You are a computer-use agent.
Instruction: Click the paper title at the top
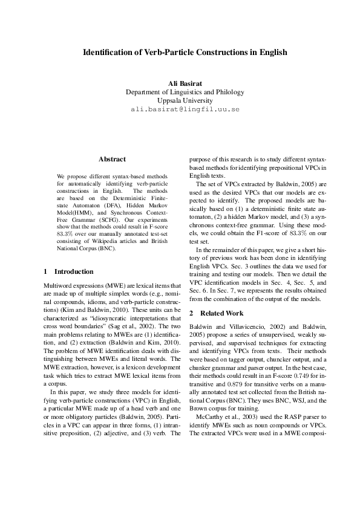[185, 53]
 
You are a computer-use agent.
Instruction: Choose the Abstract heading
[112, 160]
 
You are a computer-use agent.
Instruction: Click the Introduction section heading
[69, 271]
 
